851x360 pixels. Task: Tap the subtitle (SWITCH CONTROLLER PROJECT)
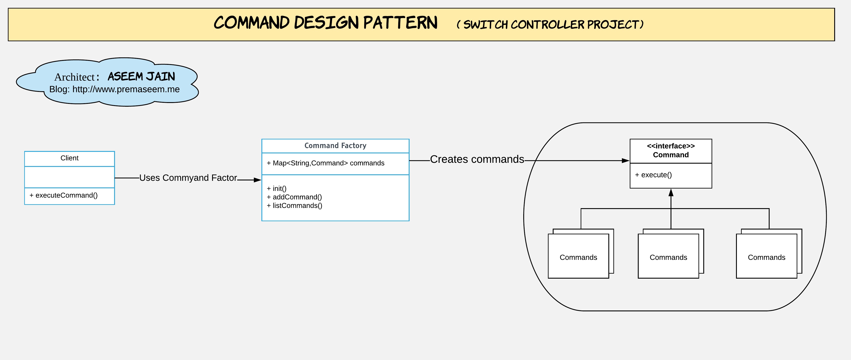pyautogui.click(x=550, y=24)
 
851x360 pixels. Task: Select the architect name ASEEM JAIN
pyautogui.click(x=141, y=77)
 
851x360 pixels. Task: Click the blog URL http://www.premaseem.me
pyautogui.click(x=126, y=89)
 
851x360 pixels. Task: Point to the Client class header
pyautogui.click(x=69, y=158)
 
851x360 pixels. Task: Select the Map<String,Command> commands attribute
pyautogui.click(x=325, y=163)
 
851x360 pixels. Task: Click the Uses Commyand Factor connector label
pyautogui.click(x=188, y=178)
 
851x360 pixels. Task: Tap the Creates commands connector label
pyautogui.click(x=477, y=159)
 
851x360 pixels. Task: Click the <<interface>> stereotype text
pyautogui.click(x=671, y=146)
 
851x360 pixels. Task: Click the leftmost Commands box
pyautogui.click(x=578, y=257)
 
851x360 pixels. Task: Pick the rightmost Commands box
pyautogui.click(x=766, y=257)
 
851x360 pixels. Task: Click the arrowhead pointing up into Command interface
pyautogui.click(x=671, y=193)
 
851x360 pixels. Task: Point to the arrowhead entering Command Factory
pyautogui.click(x=257, y=180)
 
